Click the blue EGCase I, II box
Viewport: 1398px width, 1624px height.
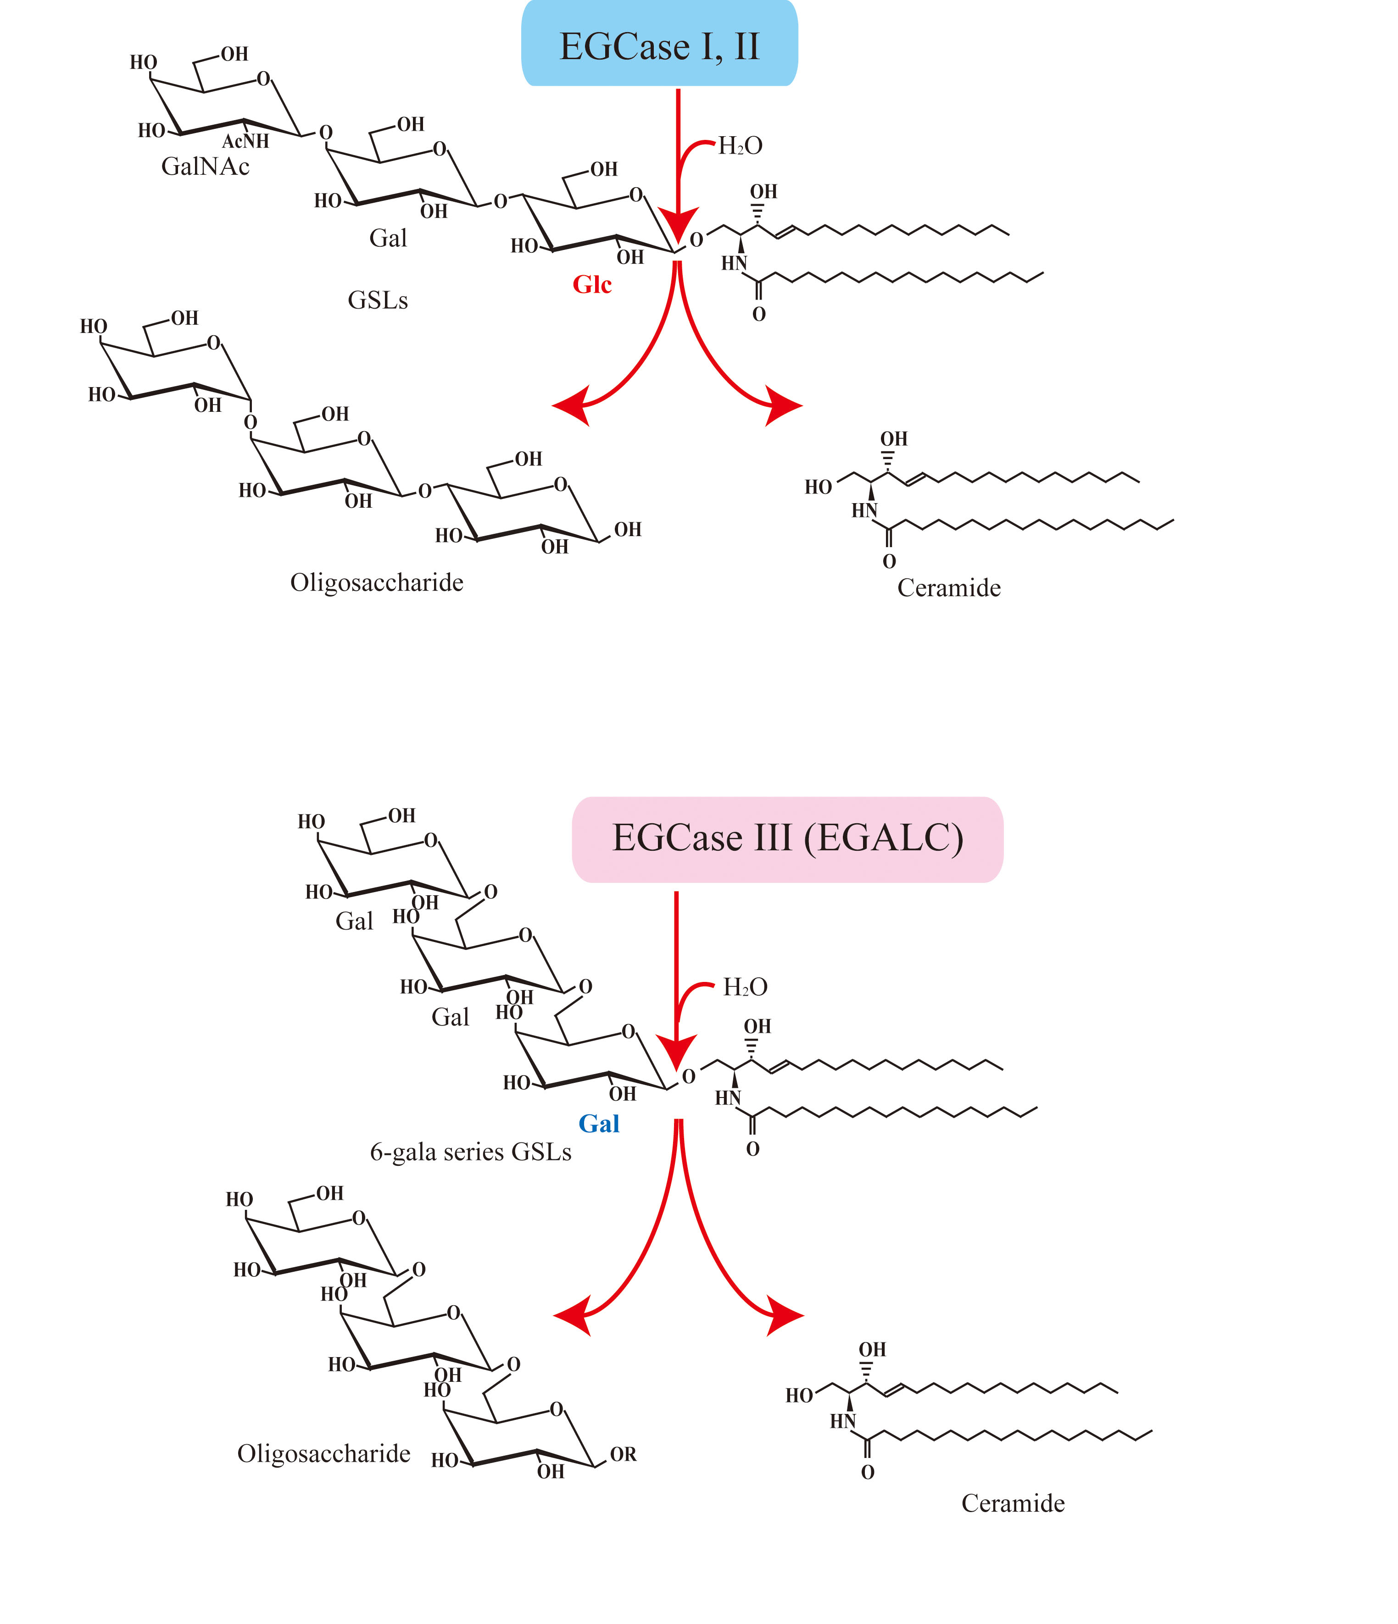tap(659, 44)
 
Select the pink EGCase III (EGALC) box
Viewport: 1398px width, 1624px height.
tap(787, 839)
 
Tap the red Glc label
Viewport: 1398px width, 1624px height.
tap(592, 284)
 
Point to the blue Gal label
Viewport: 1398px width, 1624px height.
tap(599, 1124)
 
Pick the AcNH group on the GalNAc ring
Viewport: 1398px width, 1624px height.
tap(245, 141)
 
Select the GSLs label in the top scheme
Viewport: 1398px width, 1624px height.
tap(378, 300)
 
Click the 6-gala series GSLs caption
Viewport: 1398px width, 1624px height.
tap(470, 1152)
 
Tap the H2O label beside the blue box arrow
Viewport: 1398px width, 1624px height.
tap(740, 146)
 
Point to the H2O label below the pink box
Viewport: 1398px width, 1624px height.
tap(745, 987)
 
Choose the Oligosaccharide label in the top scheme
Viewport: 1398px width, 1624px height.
tap(376, 582)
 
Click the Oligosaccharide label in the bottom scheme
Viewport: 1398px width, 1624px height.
tap(324, 1454)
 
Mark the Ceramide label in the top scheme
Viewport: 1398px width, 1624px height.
tap(949, 588)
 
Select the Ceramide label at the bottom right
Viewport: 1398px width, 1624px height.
tap(1013, 1503)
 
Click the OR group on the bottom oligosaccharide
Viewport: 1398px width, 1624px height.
tap(624, 1455)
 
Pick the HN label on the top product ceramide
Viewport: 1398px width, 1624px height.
tap(864, 511)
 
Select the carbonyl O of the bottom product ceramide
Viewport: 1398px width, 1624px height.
tap(867, 1473)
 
